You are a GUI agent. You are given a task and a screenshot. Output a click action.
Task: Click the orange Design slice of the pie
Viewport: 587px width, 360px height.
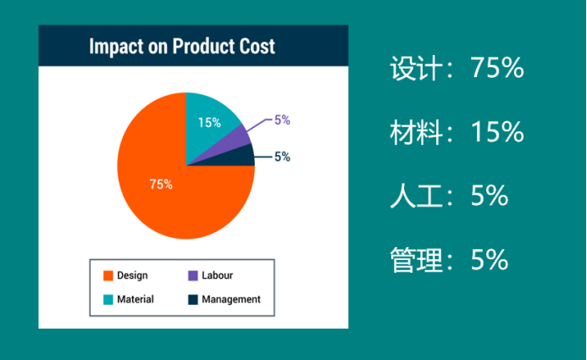click(164, 187)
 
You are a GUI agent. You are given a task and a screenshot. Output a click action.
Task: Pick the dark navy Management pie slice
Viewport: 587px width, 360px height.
click(240, 158)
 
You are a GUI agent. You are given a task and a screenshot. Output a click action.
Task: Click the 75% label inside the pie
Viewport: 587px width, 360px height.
click(161, 185)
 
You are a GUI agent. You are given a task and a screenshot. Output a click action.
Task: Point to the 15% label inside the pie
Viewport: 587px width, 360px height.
click(209, 123)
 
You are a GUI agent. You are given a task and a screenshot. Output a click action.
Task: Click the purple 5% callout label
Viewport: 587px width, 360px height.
click(282, 120)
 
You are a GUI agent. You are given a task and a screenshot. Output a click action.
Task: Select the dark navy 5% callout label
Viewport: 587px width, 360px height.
click(282, 157)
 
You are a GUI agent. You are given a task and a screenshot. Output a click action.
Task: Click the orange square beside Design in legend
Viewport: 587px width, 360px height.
click(108, 276)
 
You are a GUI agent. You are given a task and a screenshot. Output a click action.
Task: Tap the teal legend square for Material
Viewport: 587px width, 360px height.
click(108, 300)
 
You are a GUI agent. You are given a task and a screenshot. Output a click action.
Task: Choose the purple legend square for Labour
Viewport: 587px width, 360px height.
click(193, 276)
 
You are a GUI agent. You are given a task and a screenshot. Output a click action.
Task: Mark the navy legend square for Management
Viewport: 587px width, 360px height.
click(193, 300)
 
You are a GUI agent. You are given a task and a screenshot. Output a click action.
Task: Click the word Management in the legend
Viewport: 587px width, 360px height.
click(231, 300)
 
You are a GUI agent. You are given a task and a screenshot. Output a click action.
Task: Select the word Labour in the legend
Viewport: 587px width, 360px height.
click(217, 275)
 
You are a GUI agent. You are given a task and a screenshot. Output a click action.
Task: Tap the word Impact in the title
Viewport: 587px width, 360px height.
click(116, 47)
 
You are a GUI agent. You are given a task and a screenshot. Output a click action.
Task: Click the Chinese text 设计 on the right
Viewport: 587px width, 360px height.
click(416, 68)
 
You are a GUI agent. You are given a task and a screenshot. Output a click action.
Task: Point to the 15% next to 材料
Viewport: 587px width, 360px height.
click(497, 132)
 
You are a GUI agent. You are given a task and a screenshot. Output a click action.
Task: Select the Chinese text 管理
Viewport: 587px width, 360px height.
click(416, 260)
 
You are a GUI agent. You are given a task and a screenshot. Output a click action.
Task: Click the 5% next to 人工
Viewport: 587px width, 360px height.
click(490, 196)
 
